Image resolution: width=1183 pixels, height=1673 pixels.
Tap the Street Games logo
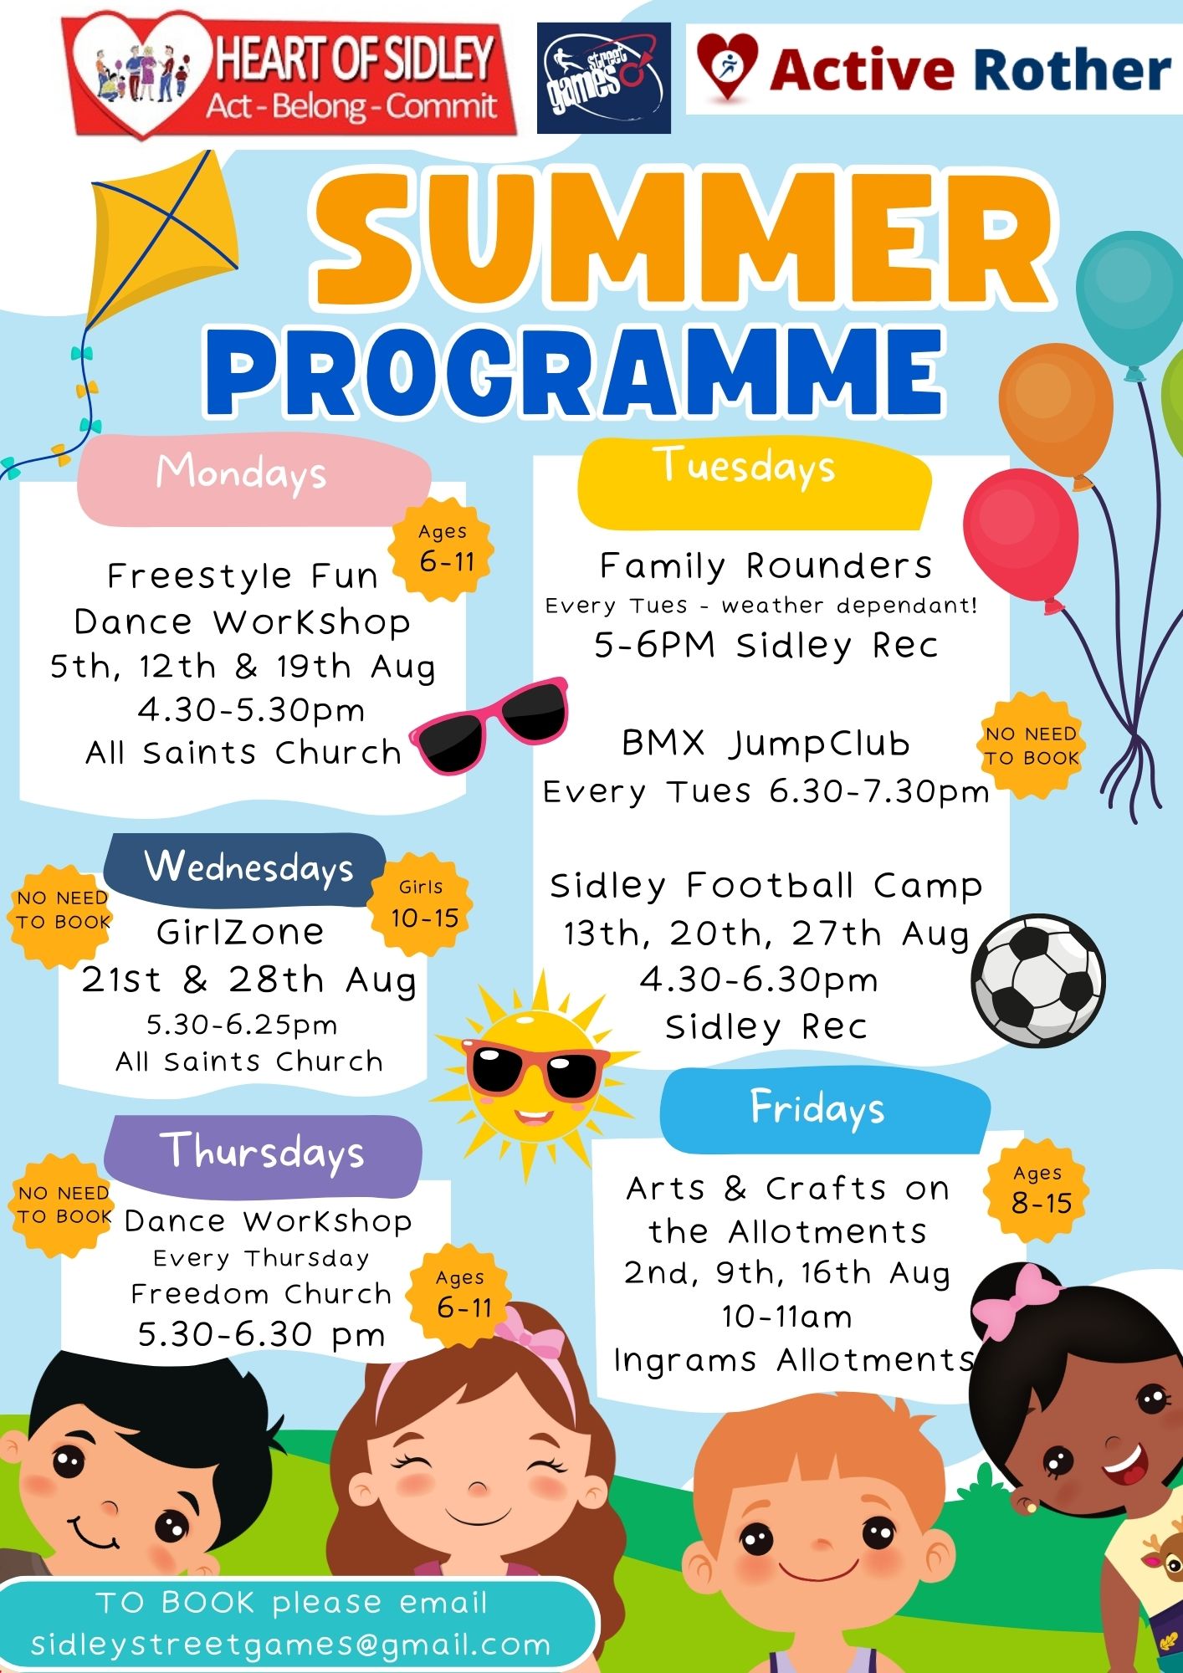603,78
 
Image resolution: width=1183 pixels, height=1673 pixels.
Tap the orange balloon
1057,414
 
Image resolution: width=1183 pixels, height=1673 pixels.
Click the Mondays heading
241,473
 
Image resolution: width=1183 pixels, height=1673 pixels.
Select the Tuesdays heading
745,465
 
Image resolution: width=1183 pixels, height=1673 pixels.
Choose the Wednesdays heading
249,867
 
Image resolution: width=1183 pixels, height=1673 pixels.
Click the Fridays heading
817,1108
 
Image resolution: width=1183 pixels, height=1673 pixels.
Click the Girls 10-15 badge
423,904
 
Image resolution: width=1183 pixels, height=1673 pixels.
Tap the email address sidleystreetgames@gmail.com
291,1645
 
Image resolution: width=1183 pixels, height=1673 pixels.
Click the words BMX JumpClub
766,743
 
